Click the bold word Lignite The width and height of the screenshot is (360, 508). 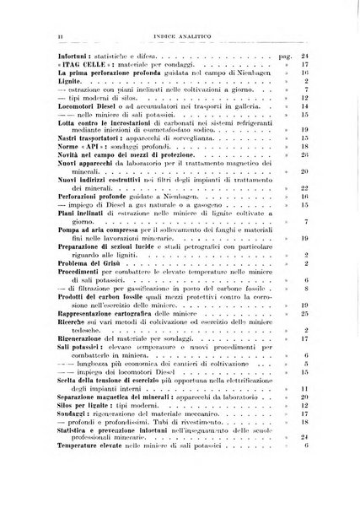[x=49, y=84]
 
